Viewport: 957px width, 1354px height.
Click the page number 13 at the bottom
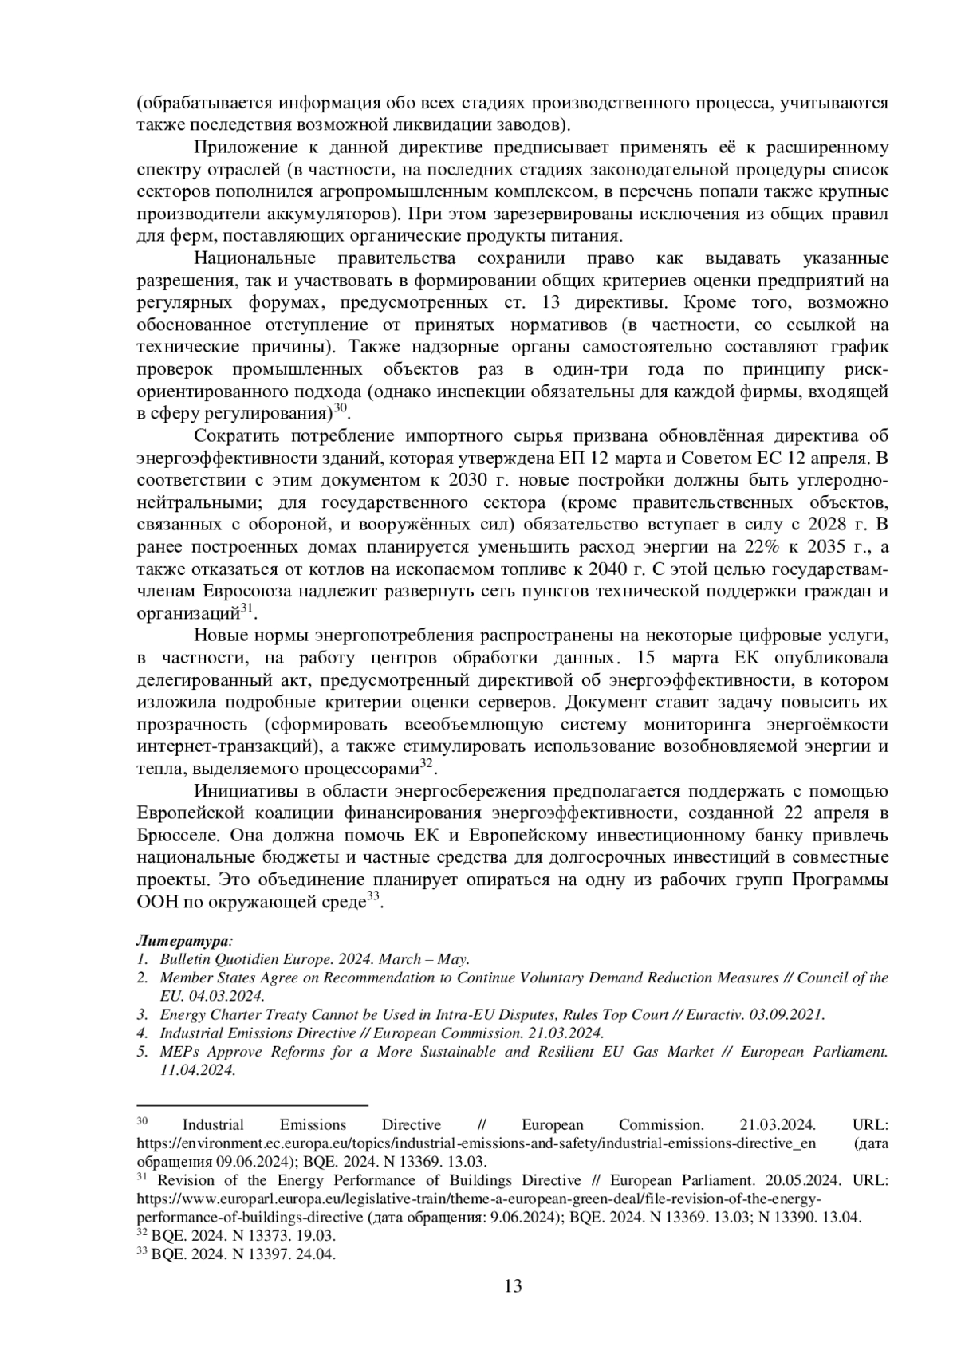(513, 1285)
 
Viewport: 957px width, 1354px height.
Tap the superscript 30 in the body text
(341, 407)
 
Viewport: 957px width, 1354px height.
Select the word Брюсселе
(179, 836)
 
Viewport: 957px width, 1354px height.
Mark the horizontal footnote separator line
(252, 1106)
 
